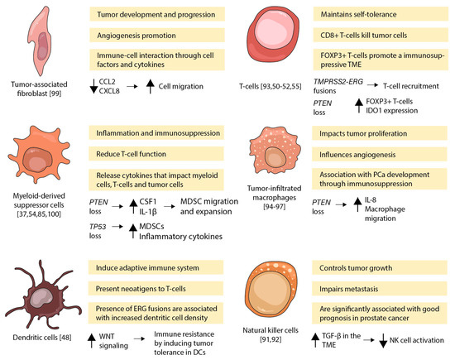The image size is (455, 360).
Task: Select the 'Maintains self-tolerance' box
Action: click(381, 15)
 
